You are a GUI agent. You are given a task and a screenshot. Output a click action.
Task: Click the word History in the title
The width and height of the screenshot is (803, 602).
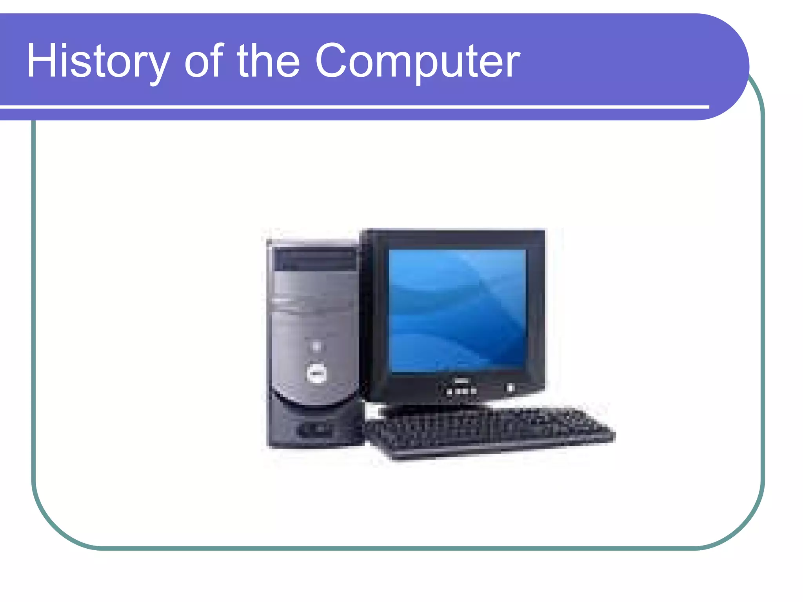98,62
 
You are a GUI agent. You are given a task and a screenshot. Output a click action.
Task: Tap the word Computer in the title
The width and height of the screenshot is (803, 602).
417,62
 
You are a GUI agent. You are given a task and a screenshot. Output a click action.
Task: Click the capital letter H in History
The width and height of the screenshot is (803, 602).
39,61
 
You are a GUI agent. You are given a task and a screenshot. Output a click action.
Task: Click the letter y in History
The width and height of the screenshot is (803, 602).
159,67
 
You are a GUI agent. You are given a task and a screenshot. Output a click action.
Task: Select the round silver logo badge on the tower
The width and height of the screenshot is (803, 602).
316,372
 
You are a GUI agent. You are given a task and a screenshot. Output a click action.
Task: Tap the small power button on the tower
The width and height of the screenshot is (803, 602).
316,346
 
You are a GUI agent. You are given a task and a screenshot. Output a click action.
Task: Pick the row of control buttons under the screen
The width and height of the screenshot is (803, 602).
461,391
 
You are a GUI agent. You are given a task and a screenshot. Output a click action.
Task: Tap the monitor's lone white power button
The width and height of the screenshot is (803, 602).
510,388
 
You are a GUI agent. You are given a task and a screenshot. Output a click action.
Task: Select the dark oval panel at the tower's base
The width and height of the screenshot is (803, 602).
316,430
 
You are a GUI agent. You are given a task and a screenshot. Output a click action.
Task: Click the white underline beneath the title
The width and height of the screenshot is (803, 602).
353,107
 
